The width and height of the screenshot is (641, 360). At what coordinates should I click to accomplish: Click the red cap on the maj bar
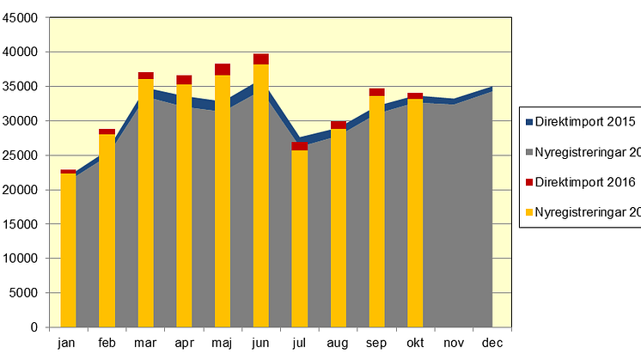pyautogui.click(x=223, y=70)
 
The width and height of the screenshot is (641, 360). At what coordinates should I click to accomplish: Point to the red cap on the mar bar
pyautogui.click(x=145, y=76)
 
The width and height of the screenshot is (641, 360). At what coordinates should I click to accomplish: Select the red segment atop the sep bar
pyautogui.click(x=376, y=92)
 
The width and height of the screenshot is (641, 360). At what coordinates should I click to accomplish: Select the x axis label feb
pyautogui.click(x=107, y=344)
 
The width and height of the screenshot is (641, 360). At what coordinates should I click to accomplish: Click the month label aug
pyautogui.click(x=338, y=344)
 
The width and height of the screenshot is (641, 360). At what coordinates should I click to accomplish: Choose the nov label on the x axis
pyautogui.click(x=454, y=344)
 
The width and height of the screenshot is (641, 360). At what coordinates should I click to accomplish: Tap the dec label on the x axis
pyautogui.click(x=492, y=344)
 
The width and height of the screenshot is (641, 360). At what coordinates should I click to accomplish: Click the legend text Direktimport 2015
pyautogui.click(x=585, y=122)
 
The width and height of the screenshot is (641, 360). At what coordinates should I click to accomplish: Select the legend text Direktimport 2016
pyautogui.click(x=585, y=181)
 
